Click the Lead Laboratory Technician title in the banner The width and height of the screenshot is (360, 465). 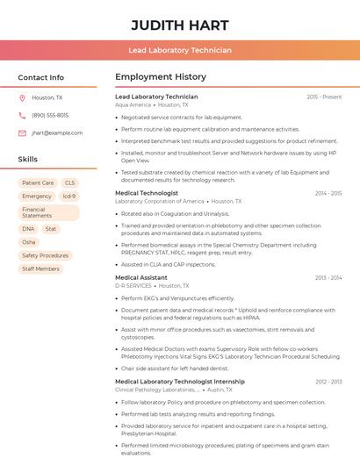click(180, 50)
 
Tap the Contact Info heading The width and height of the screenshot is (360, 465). click(41, 77)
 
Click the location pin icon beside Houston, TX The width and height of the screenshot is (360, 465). click(22, 97)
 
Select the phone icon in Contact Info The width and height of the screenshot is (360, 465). click(22, 115)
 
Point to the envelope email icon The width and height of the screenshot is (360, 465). click(22, 133)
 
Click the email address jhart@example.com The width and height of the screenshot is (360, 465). click(57, 133)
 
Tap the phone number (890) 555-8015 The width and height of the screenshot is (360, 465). click(50, 115)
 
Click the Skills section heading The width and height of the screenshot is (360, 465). click(28, 160)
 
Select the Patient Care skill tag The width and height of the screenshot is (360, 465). click(38, 183)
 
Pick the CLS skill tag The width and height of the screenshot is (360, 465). click(70, 183)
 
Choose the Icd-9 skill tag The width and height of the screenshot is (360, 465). click(69, 197)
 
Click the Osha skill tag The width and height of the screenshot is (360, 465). click(29, 242)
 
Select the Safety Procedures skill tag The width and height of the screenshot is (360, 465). click(45, 255)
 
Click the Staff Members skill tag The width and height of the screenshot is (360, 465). click(40, 268)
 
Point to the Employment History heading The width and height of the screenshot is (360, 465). click(161, 77)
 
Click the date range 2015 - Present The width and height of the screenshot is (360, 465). click(324, 97)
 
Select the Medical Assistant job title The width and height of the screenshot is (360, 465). click(141, 277)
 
